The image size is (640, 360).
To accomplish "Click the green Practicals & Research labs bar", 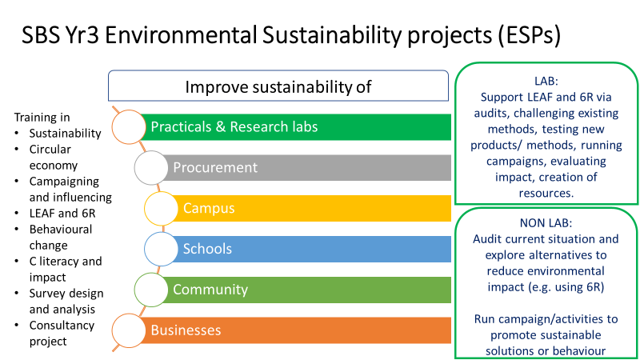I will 296,126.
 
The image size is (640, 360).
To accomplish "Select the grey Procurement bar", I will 312,167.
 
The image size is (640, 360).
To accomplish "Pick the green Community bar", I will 312,290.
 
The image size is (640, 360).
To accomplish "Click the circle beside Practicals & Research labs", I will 130,126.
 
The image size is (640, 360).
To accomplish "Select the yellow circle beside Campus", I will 162,208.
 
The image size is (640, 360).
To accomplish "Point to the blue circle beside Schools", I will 163,249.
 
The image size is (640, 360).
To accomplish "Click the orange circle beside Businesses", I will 130,330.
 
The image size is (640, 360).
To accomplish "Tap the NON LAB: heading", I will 546,222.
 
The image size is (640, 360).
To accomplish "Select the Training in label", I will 42,118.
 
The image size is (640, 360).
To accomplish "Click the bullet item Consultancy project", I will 62,334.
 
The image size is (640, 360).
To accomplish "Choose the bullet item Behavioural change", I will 60,238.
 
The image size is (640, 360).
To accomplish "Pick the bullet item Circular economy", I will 54,158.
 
